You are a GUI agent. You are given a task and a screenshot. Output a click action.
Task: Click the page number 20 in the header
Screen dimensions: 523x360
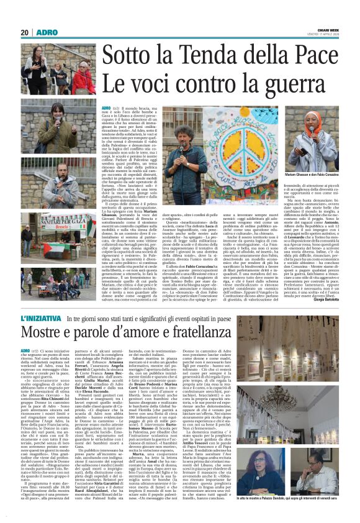25,32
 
